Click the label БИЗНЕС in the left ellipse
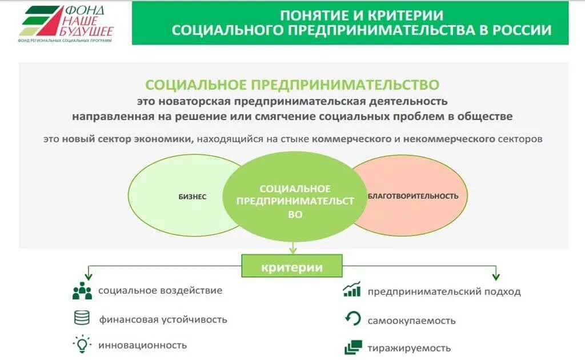(x=193, y=197)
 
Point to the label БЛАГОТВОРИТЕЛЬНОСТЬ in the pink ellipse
(x=412, y=196)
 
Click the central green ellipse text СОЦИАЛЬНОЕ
(x=295, y=189)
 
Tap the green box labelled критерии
(x=292, y=267)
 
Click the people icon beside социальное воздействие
(x=82, y=291)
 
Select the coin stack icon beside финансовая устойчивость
(x=82, y=318)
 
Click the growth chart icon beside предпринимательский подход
(x=352, y=290)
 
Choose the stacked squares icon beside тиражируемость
(x=353, y=347)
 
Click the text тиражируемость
(x=409, y=348)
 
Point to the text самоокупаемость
(x=411, y=321)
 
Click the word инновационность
(x=142, y=345)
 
